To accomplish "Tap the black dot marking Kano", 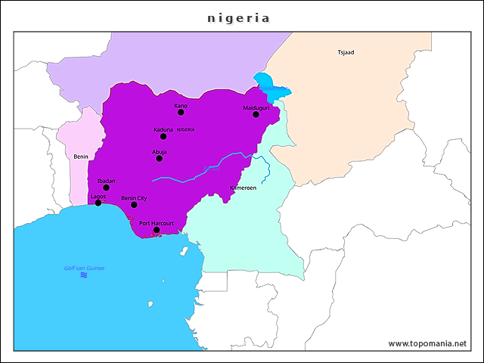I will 181,112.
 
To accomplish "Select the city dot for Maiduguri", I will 256,114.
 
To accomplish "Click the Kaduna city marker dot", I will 163,136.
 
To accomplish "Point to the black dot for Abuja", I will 159,158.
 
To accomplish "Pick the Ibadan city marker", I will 106,188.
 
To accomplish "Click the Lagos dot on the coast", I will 98,203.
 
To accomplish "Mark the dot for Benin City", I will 134,204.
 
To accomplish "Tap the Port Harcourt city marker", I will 157,230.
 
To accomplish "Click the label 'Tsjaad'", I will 346,52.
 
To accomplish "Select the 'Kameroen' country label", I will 243,188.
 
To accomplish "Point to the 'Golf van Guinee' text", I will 84,268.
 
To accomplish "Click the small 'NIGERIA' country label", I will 186,130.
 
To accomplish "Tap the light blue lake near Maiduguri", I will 268,85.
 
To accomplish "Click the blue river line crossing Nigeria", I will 204,170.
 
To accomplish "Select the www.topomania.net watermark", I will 427,343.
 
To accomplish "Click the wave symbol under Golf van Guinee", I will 83,275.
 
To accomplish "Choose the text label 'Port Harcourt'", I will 157,223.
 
